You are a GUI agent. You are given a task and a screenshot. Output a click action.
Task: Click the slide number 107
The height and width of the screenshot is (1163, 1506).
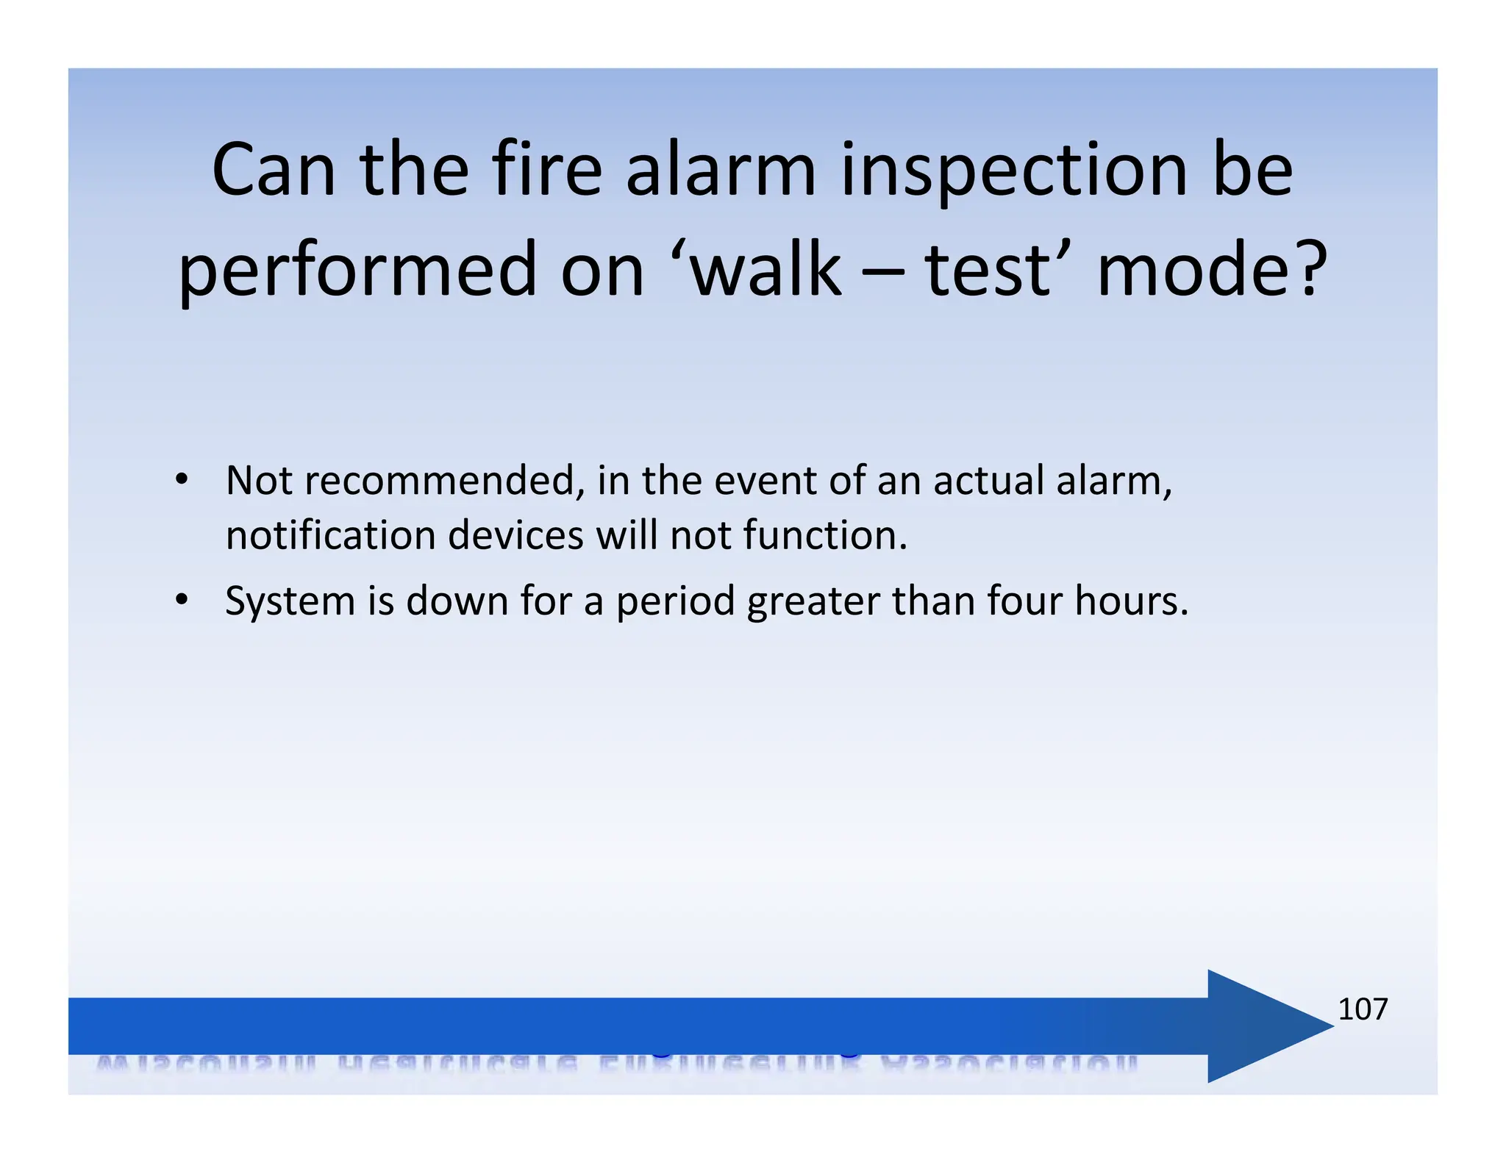[1362, 1009]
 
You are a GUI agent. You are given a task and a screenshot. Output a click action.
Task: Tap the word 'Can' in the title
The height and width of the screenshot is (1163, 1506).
[274, 171]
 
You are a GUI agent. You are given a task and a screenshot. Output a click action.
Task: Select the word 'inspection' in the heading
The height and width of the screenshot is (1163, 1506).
[1014, 172]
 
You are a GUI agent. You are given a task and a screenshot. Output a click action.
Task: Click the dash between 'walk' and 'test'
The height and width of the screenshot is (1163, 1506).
[882, 272]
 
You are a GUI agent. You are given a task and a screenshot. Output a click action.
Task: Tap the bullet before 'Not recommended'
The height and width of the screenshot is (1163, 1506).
[182, 480]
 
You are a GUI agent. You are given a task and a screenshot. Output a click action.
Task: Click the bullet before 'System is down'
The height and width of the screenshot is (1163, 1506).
[182, 601]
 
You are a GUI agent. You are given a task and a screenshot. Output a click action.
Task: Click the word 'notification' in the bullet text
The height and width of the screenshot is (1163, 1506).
[330, 534]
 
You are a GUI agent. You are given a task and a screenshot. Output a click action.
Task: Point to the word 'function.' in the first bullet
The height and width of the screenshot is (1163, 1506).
[825, 534]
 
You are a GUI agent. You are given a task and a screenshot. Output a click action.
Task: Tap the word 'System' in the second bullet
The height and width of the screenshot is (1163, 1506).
[290, 601]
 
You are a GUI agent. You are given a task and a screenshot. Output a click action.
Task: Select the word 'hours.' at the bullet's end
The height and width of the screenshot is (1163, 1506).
[1131, 601]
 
